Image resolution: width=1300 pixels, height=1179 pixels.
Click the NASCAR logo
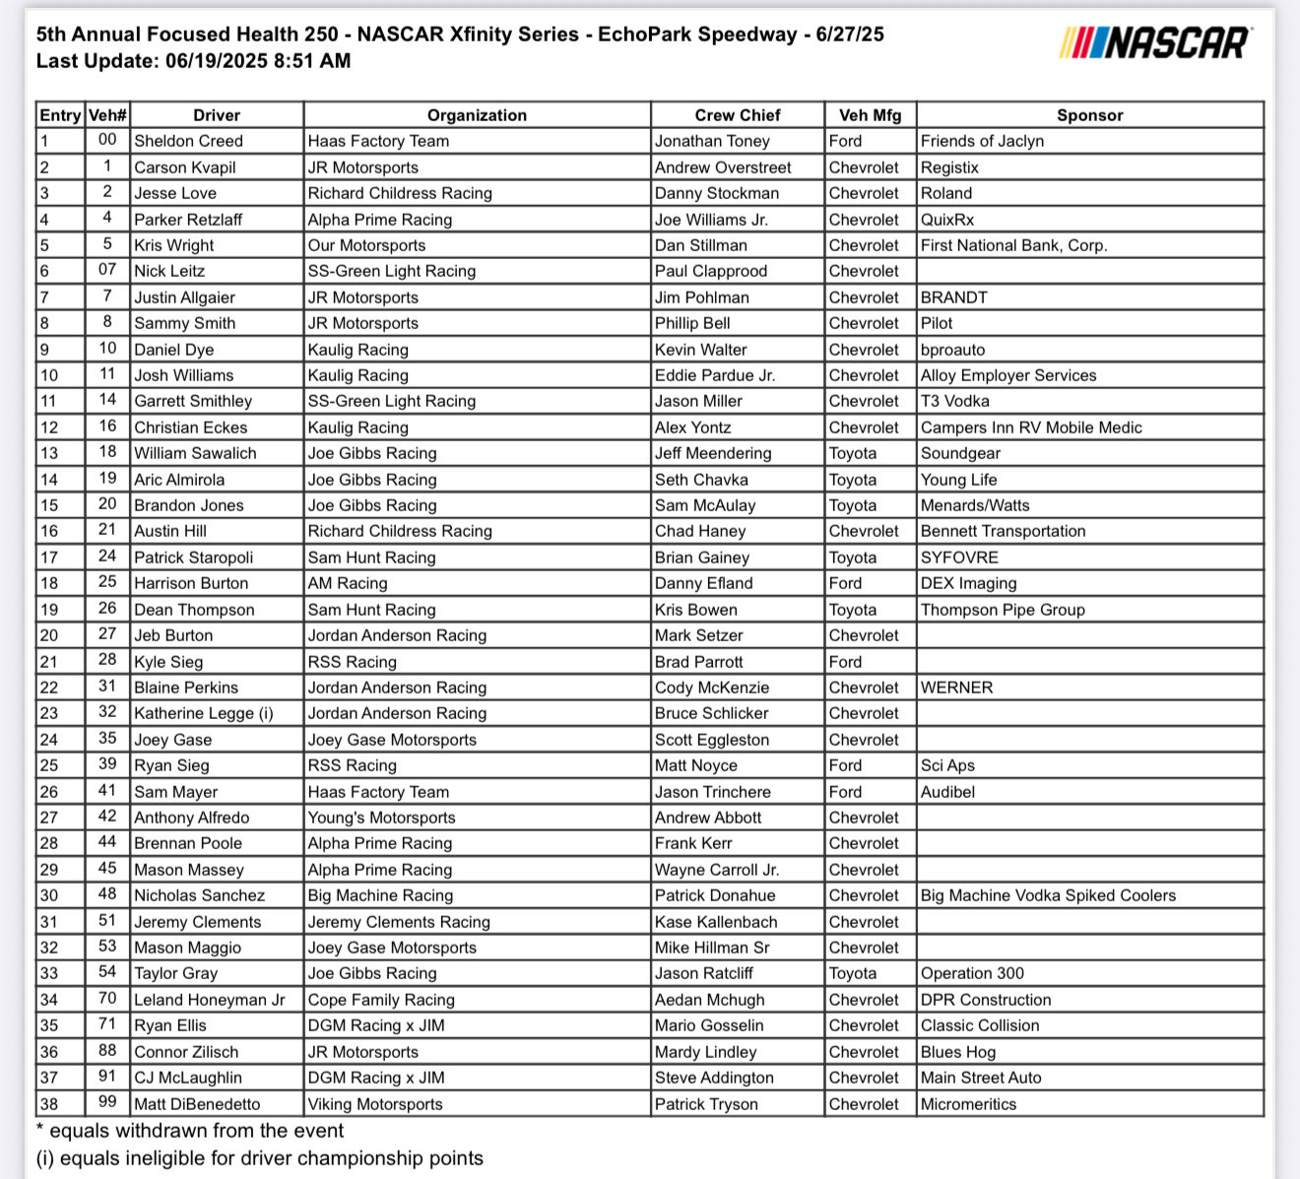(x=1155, y=42)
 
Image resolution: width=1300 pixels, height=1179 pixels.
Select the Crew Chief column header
(x=737, y=115)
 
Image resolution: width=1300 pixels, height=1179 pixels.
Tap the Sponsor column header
(x=1089, y=115)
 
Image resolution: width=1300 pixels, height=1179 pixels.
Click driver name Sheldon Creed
(x=188, y=141)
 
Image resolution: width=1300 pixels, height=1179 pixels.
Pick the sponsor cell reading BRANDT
(x=953, y=297)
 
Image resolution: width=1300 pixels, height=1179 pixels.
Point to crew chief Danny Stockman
(x=716, y=193)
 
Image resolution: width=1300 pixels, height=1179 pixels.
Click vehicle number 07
(x=107, y=270)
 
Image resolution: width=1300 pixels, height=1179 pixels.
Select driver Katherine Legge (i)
(x=204, y=713)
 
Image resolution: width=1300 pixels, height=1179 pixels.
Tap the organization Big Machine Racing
(x=380, y=895)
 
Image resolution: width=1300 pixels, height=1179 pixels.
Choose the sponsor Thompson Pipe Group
(x=1003, y=610)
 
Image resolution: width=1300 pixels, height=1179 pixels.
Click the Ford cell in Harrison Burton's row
(x=845, y=583)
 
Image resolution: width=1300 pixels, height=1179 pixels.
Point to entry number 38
(x=48, y=1104)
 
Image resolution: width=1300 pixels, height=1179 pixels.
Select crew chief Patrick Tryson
(x=706, y=1104)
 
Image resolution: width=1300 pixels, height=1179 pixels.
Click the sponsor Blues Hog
(x=958, y=1052)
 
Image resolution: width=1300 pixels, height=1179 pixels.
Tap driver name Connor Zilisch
(x=186, y=1052)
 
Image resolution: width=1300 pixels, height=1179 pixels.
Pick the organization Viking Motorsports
(x=375, y=1104)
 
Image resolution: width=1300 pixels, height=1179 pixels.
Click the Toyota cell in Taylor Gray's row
(x=852, y=973)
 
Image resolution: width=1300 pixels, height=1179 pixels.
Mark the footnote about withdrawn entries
(x=190, y=1131)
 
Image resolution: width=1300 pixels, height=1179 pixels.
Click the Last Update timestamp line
(x=193, y=61)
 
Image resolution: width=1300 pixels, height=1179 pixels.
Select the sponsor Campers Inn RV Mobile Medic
(x=1031, y=427)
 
